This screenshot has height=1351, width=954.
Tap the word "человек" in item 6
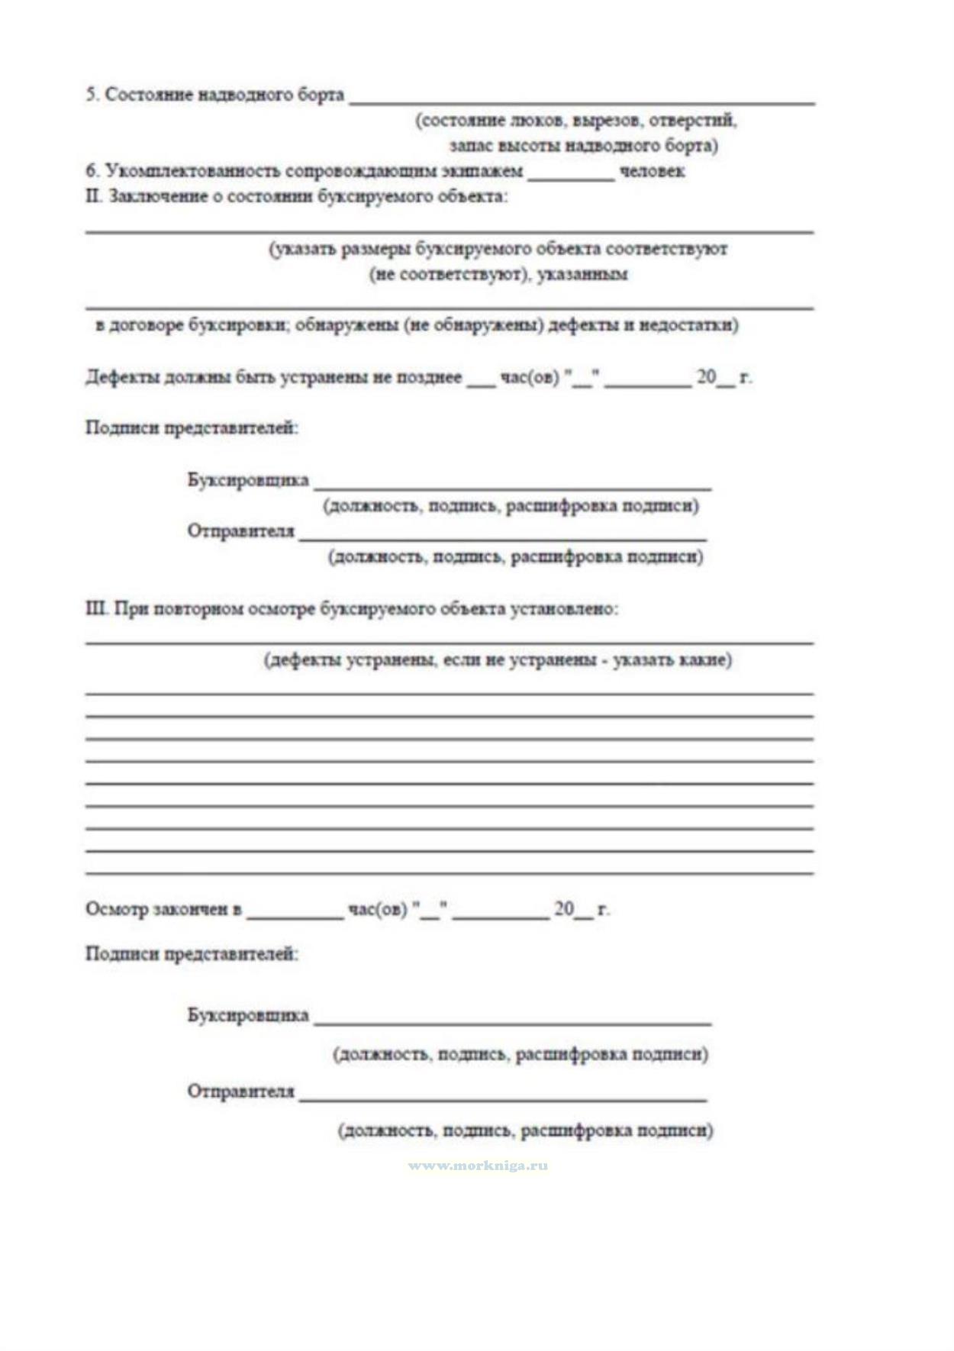coord(652,171)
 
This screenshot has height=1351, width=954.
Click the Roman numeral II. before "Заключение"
coord(93,196)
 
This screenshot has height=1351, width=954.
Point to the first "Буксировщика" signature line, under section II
coord(512,486)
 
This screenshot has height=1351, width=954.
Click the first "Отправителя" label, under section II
coord(240,531)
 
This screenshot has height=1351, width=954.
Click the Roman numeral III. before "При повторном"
coord(96,609)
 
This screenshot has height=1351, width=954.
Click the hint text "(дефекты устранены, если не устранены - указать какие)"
coord(498,660)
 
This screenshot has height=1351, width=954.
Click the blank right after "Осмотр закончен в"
coord(295,915)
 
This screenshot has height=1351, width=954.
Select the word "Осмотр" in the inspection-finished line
coord(117,909)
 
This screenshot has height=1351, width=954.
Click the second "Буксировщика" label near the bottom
coord(248,1015)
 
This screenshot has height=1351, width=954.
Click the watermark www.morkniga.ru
coord(478,1166)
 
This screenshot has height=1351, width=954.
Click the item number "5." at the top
coord(92,95)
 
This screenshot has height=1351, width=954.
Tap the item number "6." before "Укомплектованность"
coord(92,171)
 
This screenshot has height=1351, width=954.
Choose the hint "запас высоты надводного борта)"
coord(583,146)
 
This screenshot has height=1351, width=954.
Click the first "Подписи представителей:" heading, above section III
coord(192,428)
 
